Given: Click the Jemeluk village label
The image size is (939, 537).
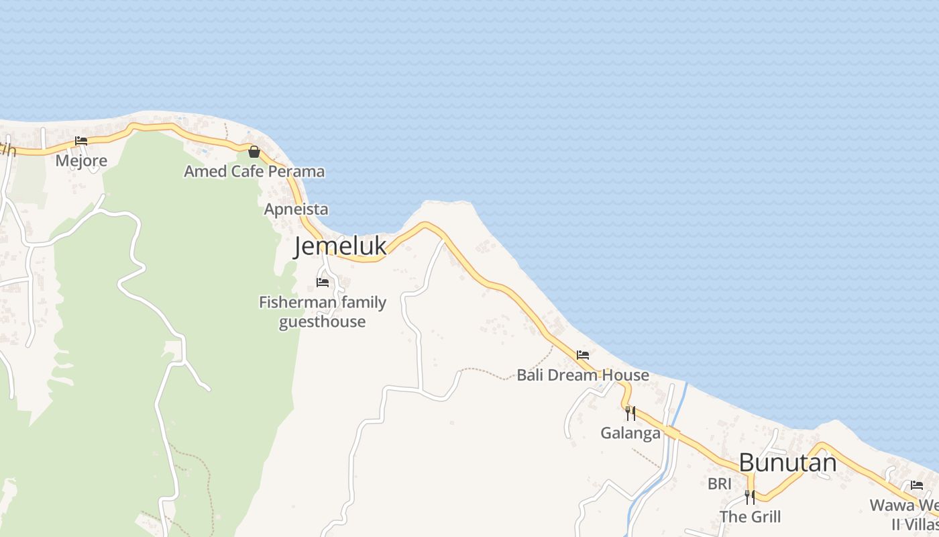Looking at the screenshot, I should click(x=340, y=246).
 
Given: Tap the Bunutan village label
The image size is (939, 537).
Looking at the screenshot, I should click(x=787, y=463).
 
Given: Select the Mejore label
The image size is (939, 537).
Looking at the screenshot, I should click(x=81, y=161).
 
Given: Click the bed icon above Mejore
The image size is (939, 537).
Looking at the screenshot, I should click(x=81, y=141).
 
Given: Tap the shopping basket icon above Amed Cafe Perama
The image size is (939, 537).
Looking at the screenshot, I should click(x=254, y=152).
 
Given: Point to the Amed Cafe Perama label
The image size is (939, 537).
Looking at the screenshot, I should click(x=254, y=172).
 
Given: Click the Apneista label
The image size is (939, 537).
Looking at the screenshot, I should click(x=296, y=209).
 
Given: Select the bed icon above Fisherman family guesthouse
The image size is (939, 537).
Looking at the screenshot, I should click(x=323, y=283).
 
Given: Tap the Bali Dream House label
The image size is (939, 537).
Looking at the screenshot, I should click(x=582, y=375).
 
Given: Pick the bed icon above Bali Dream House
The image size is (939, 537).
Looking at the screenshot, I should click(x=583, y=355).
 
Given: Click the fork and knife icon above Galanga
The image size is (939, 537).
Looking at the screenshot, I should click(x=630, y=413).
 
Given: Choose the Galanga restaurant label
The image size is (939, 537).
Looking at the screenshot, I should click(x=630, y=433).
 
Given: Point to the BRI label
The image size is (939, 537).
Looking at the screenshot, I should click(x=719, y=483).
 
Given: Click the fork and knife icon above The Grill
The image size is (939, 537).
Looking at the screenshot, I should click(x=750, y=497).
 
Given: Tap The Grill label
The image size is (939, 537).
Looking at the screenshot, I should click(x=750, y=517).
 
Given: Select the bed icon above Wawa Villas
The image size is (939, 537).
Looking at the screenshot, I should click(x=917, y=485).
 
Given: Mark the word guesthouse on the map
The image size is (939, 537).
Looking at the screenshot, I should click(x=323, y=322).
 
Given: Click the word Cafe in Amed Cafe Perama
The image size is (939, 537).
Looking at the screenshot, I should click(x=248, y=172).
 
